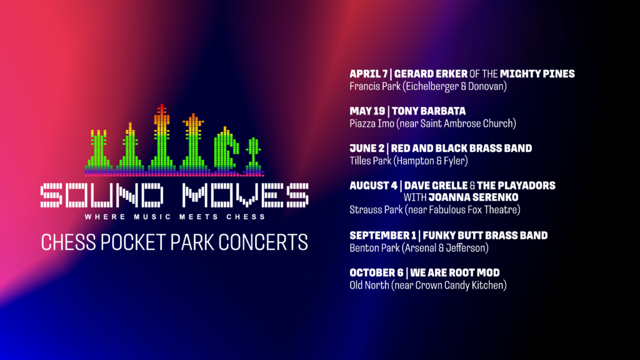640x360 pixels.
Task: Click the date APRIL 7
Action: coord(368,74)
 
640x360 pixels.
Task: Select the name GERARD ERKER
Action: coord(431,74)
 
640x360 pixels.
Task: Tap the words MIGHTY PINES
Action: coord(537,74)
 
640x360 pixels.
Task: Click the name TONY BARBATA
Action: coord(429,111)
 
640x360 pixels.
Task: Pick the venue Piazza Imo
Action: coord(372,124)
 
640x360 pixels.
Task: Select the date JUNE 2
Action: coord(367,148)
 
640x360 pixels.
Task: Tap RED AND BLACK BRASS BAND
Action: coord(461,148)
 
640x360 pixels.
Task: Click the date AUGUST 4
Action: coord(373,186)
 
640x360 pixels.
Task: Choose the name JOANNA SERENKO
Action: coord(474,197)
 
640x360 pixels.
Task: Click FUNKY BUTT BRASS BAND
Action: coord(485,236)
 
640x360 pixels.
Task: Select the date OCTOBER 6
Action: coord(376,272)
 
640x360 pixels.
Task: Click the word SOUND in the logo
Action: coord(102,196)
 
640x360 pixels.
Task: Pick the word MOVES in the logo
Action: coord(245,196)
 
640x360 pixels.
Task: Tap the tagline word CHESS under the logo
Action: coord(246,217)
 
